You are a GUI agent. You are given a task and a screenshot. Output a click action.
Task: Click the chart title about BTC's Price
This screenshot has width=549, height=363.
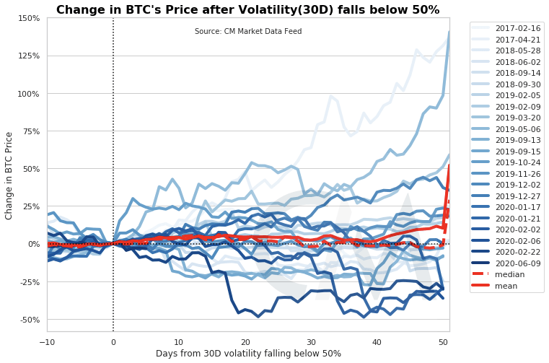coord(247,10)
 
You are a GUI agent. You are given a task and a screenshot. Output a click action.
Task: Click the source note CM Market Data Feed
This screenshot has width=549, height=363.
coord(248,32)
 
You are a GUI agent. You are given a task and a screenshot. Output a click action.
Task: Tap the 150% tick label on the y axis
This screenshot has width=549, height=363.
coord(28,18)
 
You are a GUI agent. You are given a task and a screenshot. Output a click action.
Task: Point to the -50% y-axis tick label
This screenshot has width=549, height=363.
coord(28,319)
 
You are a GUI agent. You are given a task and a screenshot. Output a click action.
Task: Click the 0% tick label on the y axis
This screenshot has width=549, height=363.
coord(33,244)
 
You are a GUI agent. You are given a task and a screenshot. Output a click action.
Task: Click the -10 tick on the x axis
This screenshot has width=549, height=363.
coord(47,341)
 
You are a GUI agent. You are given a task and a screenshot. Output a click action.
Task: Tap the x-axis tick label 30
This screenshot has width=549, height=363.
coord(311,341)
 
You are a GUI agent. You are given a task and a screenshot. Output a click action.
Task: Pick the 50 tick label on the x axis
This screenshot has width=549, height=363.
coord(442,341)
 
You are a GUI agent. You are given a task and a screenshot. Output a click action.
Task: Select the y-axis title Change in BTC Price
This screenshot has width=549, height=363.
coord(9,175)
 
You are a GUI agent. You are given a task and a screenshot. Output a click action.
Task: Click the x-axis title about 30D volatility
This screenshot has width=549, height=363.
coord(248,354)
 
